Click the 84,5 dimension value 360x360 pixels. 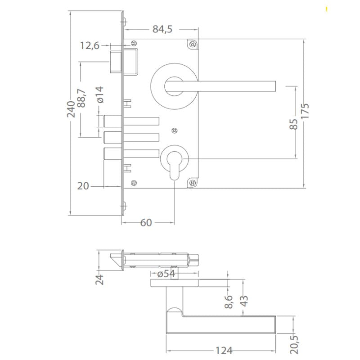(x=162, y=29)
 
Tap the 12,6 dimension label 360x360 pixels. (x=90, y=45)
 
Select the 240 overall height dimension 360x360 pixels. (x=71, y=109)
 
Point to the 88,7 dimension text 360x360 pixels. (x=81, y=97)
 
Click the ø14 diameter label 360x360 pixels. (x=100, y=95)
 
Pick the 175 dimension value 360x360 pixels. (x=306, y=111)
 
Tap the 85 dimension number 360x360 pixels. (x=293, y=124)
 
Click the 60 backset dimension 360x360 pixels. (x=146, y=223)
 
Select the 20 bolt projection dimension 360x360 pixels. (x=83, y=185)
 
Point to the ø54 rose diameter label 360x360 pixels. (x=166, y=274)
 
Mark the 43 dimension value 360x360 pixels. (x=243, y=301)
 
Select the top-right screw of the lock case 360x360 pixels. (x=193, y=45)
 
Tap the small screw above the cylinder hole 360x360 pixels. (x=174, y=131)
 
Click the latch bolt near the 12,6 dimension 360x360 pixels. (x=117, y=62)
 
